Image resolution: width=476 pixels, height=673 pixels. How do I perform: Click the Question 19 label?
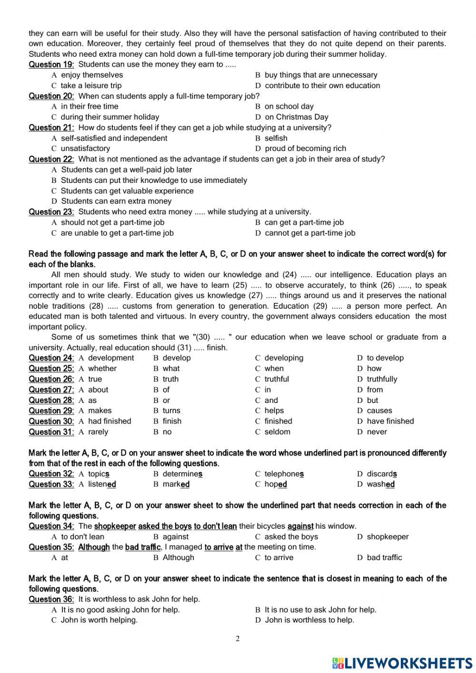(x=51, y=64)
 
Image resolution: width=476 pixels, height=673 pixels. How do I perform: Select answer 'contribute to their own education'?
(x=322, y=86)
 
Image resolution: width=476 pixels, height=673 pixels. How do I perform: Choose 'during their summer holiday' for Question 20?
(x=109, y=117)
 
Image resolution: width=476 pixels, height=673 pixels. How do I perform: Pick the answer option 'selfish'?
(x=276, y=138)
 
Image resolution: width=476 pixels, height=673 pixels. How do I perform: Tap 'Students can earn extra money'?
(x=116, y=201)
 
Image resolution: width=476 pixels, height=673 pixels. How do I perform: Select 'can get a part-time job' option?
(x=304, y=222)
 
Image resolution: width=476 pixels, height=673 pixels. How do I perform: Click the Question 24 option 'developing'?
(x=284, y=358)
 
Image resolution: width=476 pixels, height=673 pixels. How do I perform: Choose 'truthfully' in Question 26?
(x=382, y=379)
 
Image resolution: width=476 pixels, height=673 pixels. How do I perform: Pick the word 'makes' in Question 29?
(x=100, y=411)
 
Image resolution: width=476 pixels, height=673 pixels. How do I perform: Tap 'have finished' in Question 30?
(x=390, y=421)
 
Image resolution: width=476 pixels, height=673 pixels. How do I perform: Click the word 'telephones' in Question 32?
(x=284, y=474)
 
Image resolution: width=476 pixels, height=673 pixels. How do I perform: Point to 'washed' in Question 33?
(x=380, y=484)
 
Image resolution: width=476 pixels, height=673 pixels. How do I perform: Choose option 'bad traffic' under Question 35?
(x=384, y=558)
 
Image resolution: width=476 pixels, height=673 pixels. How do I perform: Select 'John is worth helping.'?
(x=99, y=620)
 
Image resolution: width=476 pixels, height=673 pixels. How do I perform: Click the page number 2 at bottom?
(x=238, y=639)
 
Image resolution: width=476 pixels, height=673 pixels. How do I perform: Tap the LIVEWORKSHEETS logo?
(x=402, y=663)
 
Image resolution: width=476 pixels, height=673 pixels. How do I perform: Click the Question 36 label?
(x=51, y=599)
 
